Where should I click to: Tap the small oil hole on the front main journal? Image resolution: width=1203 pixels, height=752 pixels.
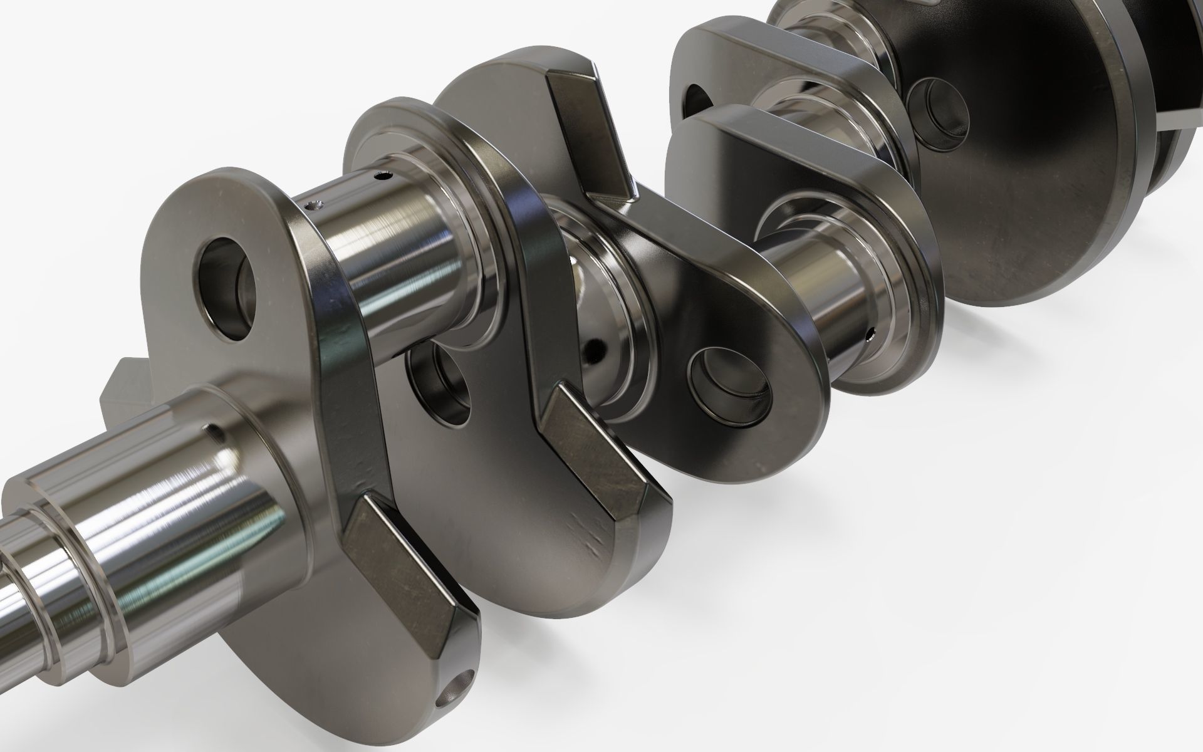[x=215, y=431]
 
